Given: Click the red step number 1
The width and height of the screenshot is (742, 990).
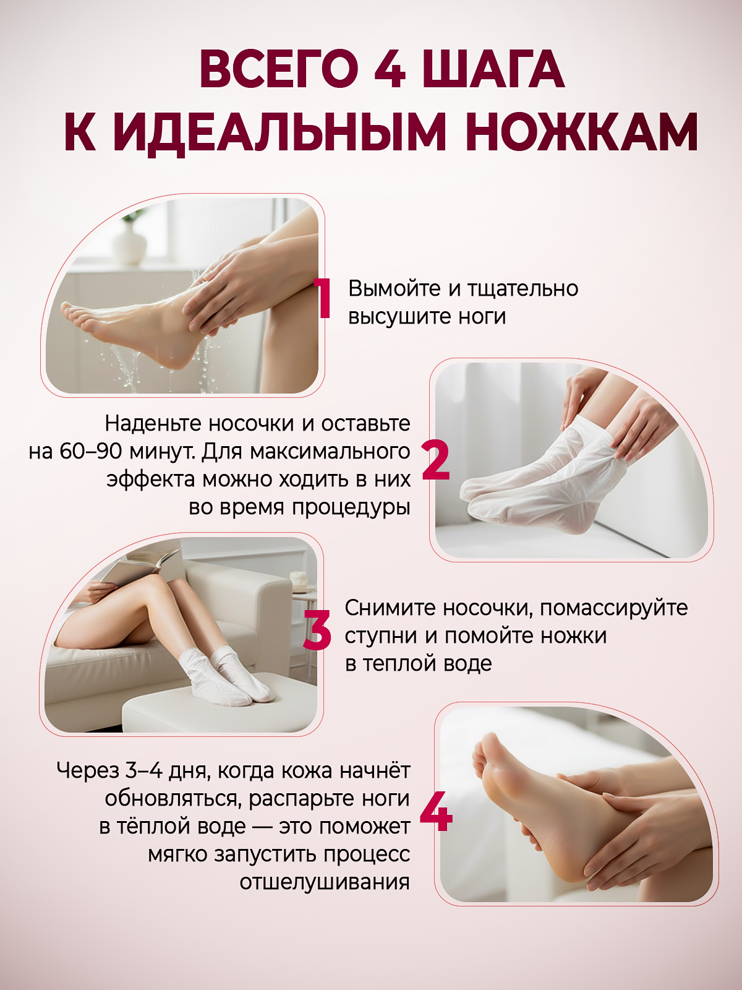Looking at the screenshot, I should point(323,299).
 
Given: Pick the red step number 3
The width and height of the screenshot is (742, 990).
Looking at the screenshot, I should point(318,630).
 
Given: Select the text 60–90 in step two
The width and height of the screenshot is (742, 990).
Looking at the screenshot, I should point(90,451).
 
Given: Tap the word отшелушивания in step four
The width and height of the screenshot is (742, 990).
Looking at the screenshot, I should point(325,882).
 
